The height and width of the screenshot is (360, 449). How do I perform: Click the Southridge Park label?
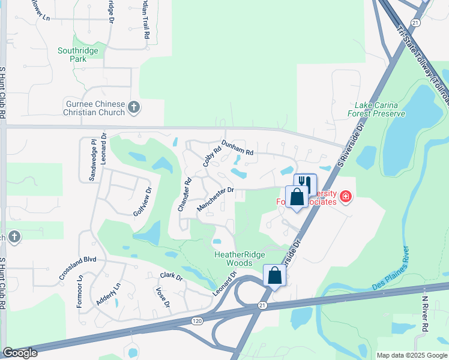click(x=78, y=55)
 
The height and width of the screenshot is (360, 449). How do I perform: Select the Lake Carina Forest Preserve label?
click(x=376, y=109)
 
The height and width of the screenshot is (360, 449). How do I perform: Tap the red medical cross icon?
click(x=345, y=196)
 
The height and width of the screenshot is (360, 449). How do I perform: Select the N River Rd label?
click(x=425, y=316)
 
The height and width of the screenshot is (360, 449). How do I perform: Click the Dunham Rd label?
click(x=237, y=148)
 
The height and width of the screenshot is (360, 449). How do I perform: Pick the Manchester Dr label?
click(x=214, y=199)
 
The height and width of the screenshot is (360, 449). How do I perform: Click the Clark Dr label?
click(x=171, y=277)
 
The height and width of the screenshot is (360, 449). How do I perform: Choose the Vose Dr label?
click(x=160, y=296)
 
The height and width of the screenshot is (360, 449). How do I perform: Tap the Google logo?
click(x=20, y=353)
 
